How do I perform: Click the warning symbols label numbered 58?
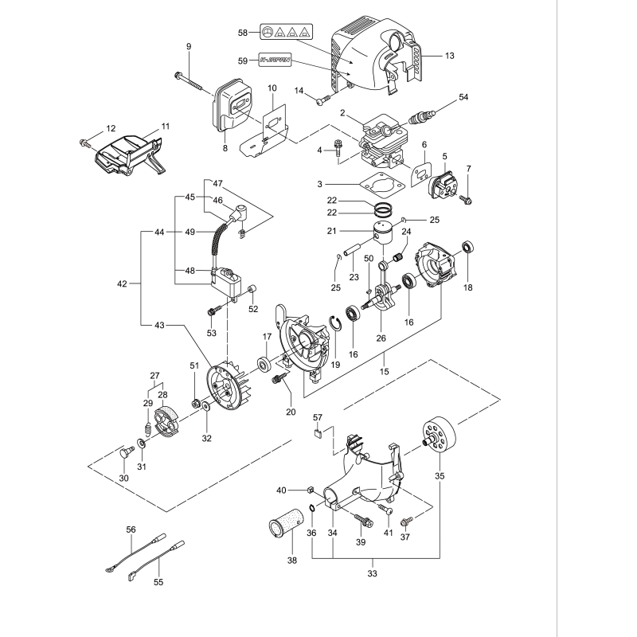click(286, 33)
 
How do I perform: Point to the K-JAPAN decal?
click(276, 60)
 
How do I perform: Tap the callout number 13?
click(449, 56)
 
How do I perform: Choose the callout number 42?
click(121, 283)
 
